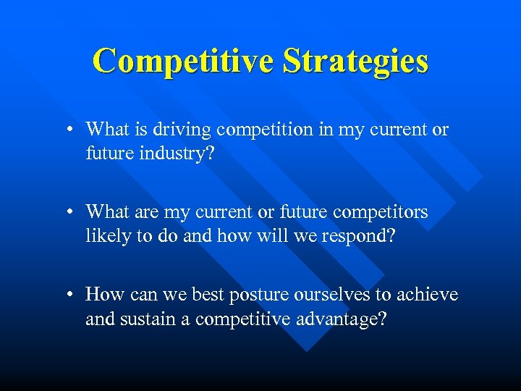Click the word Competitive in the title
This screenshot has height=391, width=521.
coord(184,61)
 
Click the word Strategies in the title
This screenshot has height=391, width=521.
coord(355,61)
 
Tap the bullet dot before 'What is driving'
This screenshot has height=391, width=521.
coord(67,130)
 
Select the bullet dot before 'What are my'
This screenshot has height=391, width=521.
coord(67,213)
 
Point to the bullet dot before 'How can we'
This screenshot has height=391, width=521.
coord(67,295)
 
